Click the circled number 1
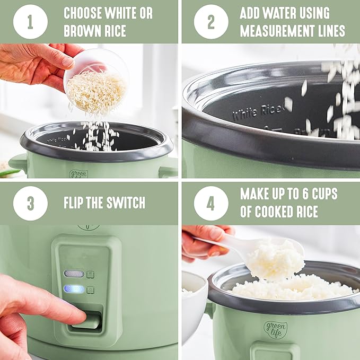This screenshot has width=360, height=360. click(30, 22)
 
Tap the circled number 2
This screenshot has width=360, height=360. click(210, 22)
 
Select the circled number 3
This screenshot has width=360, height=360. click(30, 203)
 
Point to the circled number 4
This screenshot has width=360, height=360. click(210, 203)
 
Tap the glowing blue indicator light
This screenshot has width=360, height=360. click(74, 289)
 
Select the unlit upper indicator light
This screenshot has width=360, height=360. click(74, 274)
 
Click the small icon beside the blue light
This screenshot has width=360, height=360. click(90, 289)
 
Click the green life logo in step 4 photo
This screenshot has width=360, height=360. click(275, 330)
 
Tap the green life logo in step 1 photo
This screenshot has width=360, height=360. click(78, 173)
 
